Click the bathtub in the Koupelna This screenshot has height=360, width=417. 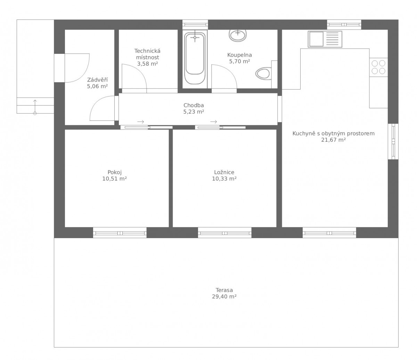point(195,58)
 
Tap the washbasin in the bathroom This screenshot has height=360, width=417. point(238,35)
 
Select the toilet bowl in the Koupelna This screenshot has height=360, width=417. point(263,73)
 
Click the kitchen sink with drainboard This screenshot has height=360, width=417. point(325,39)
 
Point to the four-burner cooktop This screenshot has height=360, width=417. point(378,67)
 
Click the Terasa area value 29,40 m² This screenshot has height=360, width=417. point(224,296)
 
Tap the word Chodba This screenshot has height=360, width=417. point(194,105)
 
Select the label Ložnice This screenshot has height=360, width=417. point(224,172)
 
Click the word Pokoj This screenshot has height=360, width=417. point(115,173)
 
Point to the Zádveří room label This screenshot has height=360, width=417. point(97,80)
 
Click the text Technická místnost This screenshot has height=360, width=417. point(147,54)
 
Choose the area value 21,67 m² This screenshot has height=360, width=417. point(334,140)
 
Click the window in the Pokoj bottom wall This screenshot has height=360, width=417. point(120,233)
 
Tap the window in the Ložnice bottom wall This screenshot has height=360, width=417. point(224,233)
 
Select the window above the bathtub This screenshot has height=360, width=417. point(195,25)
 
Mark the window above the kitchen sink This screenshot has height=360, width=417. point(344,25)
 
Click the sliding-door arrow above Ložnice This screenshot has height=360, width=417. point(213,122)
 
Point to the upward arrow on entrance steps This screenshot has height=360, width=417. point(35,107)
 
